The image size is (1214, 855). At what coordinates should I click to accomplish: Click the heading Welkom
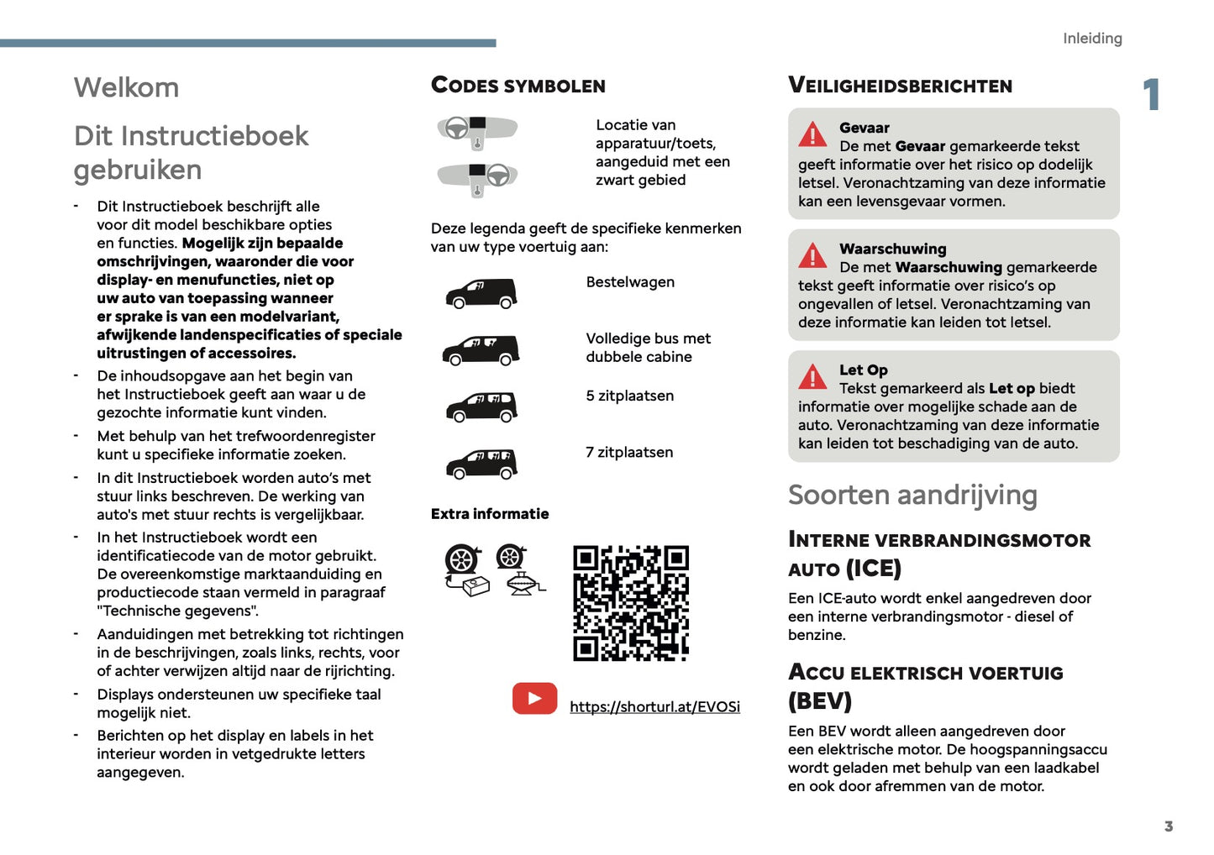[126, 87]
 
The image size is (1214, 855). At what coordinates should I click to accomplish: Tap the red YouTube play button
[534, 699]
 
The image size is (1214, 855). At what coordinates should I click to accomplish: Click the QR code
[631, 603]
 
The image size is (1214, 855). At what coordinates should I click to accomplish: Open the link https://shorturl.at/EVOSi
[654, 707]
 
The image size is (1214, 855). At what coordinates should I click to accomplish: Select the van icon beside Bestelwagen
[481, 293]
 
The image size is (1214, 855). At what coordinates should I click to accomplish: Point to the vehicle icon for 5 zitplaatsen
[481, 407]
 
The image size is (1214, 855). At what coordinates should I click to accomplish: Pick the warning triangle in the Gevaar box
[812, 134]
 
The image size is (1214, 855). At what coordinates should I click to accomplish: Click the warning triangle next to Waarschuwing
[812, 255]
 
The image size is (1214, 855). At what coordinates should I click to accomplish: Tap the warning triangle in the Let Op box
[812, 377]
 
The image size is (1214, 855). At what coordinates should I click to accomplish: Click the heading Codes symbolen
[518, 86]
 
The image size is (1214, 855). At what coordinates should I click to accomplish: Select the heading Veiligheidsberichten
[900, 86]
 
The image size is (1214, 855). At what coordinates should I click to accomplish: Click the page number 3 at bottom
[1168, 826]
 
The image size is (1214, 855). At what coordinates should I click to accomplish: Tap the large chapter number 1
[1152, 94]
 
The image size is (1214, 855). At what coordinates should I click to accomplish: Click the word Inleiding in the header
[1091, 39]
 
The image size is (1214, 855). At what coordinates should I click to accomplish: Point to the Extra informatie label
[490, 514]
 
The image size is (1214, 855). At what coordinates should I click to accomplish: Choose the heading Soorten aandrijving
[912, 496]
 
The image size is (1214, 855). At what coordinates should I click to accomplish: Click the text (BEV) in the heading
[820, 700]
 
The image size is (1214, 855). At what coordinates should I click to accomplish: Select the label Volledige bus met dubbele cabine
[648, 348]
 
